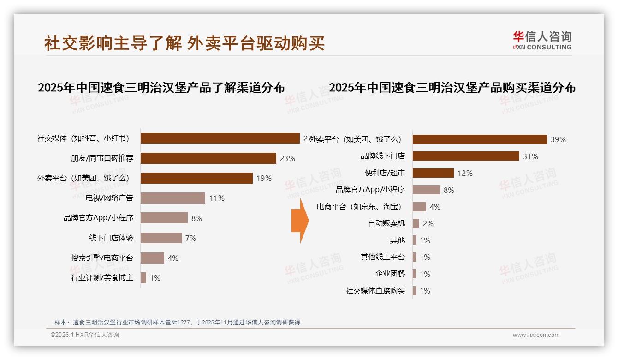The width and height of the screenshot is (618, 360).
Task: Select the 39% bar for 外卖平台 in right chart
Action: (x=479, y=139)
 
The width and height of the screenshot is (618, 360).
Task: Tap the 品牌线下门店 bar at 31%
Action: (x=466, y=156)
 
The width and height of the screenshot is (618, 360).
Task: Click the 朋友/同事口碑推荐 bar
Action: (x=208, y=158)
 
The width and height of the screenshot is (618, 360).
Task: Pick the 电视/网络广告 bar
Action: (x=172, y=198)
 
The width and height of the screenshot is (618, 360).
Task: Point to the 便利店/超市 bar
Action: (x=433, y=173)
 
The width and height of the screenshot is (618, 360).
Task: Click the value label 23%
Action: (x=287, y=158)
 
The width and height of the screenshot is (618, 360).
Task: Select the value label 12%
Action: (x=465, y=173)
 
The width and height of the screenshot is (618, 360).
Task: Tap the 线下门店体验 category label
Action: (x=111, y=238)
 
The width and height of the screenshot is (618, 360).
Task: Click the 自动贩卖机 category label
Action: (x=386, y=223)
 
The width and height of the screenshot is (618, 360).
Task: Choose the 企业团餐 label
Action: (x=390, y=274)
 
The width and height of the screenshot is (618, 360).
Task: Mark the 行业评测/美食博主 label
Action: (x=102, y=278)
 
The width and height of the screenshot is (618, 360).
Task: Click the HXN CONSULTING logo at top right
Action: (x=542, y=41)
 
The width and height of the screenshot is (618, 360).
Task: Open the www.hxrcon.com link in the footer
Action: (x=535, y=335)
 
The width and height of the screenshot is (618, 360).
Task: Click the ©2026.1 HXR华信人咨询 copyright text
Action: (x=84, y=335)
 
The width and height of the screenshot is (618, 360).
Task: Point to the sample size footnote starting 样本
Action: (x=177, y=322)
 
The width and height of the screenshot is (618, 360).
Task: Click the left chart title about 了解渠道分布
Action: (x=161, y=88)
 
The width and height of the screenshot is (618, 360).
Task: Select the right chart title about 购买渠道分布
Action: (x=452, y=88)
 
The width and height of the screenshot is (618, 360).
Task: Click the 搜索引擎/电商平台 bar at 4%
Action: (x=152, y=258)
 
